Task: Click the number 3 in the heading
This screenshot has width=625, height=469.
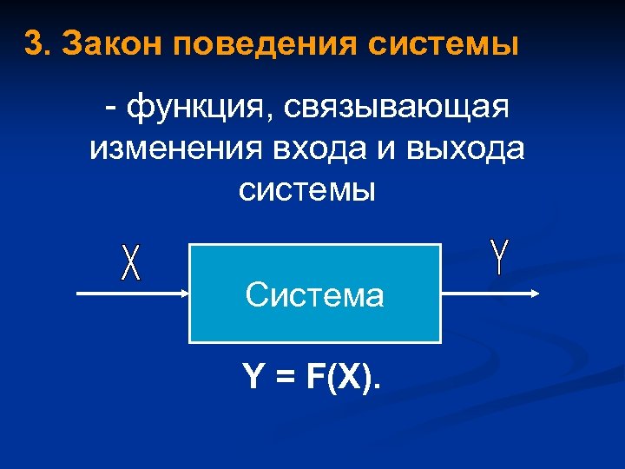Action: click(32, 43)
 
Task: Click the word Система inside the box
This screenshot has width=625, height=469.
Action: click(314, 296)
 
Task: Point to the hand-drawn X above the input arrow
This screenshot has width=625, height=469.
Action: click(130, 262)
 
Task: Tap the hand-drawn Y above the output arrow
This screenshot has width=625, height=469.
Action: click(499, 257)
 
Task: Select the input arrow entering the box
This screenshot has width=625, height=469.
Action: click(130, 294)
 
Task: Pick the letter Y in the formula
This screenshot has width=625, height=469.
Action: click(253, 377)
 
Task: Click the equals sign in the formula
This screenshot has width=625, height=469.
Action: click(286, 377)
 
